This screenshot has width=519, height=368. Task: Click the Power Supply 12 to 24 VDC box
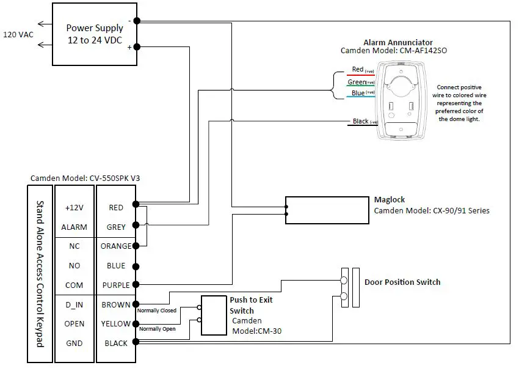[94, 34]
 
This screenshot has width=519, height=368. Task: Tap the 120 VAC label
[18, 34]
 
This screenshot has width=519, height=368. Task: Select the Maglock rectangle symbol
[327, 210]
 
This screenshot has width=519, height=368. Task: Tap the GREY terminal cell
[116, 227]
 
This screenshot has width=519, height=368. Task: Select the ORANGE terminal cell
[116, 246]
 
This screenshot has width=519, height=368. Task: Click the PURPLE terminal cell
[116, 285]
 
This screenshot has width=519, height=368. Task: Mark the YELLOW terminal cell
[116, 324]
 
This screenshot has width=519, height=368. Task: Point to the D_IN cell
[74, 304]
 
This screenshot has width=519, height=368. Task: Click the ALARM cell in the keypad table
[74, 227]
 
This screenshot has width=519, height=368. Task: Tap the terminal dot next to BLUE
[136, 266]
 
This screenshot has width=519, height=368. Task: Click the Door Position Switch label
[402, 282]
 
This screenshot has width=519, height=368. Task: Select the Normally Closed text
[156, 311]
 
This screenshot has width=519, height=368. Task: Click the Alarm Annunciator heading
[398, 42]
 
